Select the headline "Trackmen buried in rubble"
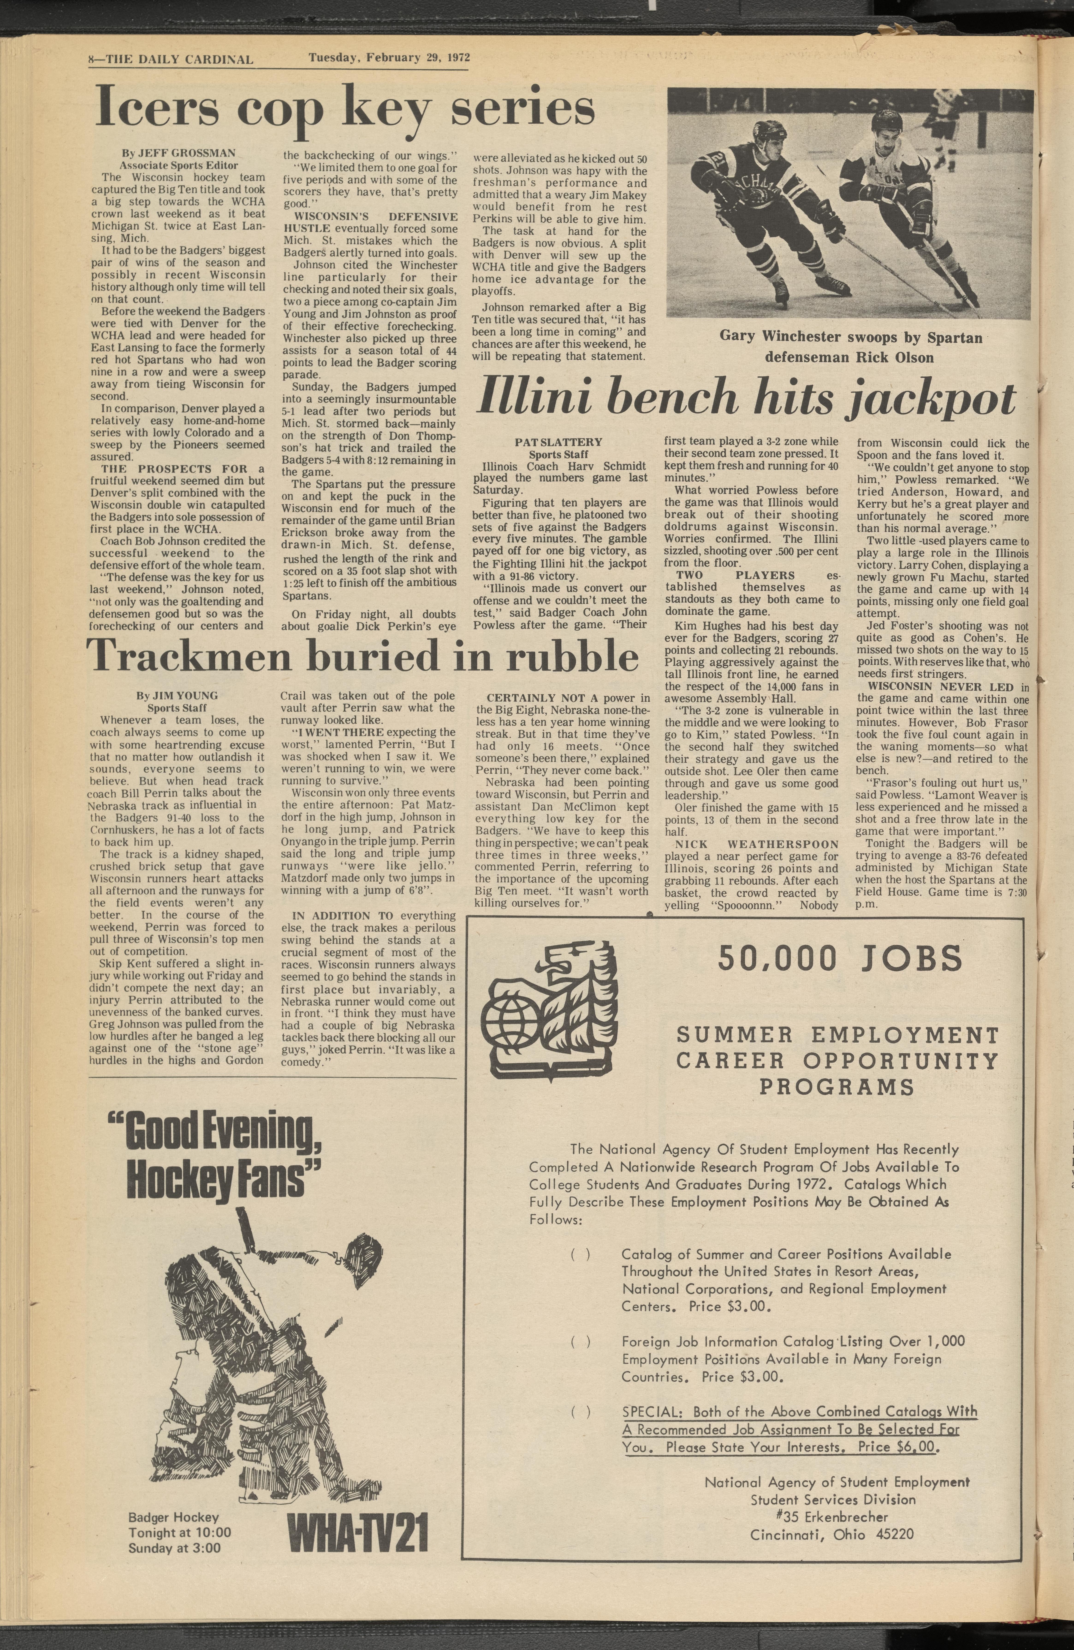pos(362,656)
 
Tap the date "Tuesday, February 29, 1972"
pos(389,58)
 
